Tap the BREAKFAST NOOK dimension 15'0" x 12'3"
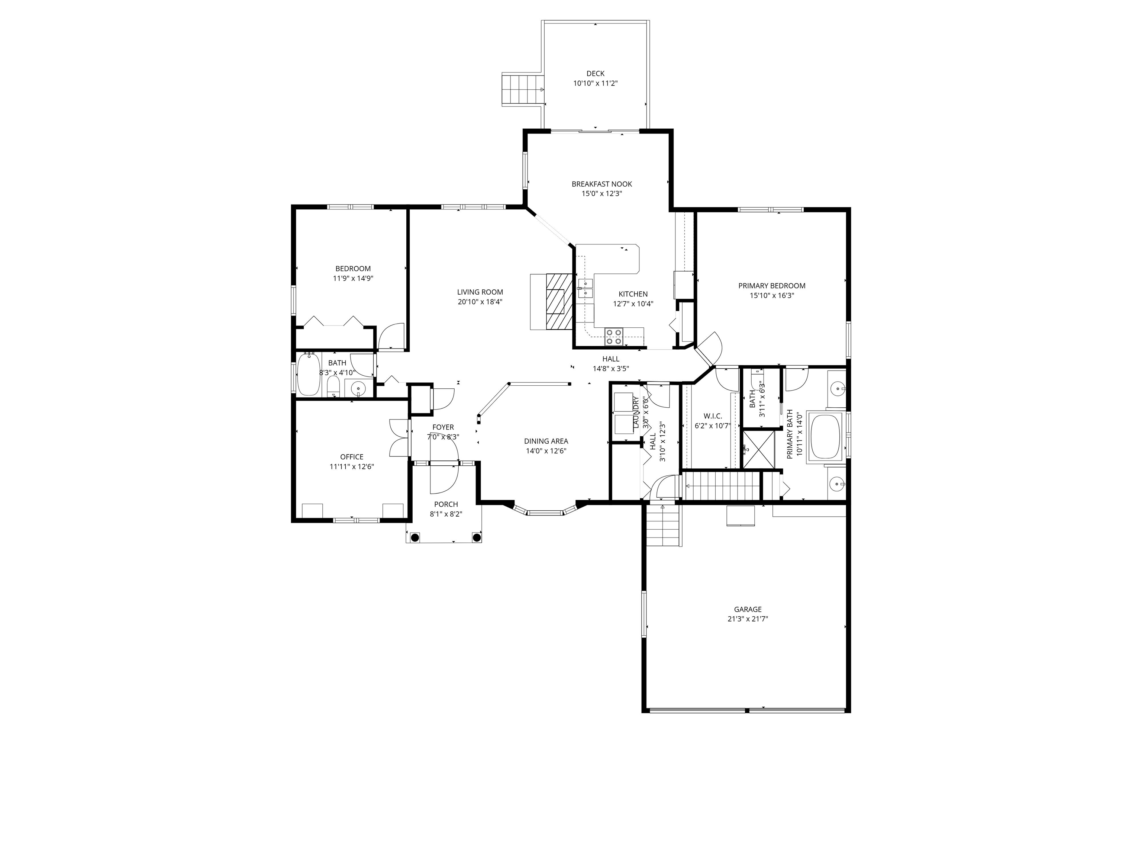(601, 194)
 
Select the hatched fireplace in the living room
(559, 301)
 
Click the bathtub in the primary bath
(826, 436)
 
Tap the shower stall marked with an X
(758, 449)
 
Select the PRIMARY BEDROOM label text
(771, 286)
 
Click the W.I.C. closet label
(713, 416)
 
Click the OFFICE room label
(352, 457)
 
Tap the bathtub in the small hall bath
(309, 373)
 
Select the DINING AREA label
(546, 441)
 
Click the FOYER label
(443, 427)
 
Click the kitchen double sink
(585, 288)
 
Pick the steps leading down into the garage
(663, 525)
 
